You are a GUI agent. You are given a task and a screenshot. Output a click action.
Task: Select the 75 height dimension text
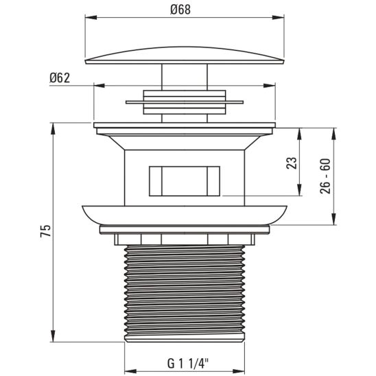[46, 232]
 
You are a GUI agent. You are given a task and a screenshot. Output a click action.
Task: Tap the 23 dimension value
[291, 163]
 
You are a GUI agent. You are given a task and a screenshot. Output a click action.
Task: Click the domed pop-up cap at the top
[185, 56]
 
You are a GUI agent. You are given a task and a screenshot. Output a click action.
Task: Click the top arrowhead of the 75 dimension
[52, 126]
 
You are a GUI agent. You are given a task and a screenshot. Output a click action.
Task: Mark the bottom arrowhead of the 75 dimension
[52, 338]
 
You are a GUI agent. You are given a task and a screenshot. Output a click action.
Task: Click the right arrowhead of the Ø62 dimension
[272, 86]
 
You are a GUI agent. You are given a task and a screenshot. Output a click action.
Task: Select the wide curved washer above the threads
[185, 214]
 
